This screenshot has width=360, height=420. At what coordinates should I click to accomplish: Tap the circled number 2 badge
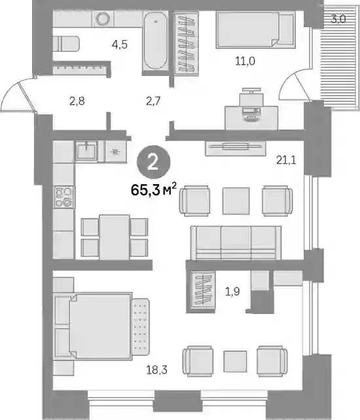(x=153, y=162)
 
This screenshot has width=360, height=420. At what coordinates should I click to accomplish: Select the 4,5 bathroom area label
(x=120, y=45)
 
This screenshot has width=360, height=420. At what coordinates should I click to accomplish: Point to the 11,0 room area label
(x=245, y=62)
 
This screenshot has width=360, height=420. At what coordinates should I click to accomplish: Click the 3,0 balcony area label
(x=338, y=19)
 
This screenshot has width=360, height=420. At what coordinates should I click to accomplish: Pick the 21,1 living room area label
(x=286, y=160)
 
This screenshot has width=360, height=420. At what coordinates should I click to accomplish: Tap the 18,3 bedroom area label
(x=156, y=370)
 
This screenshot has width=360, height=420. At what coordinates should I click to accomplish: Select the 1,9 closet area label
(x=232, y=292)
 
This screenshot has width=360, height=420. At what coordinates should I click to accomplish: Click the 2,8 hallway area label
(x=77, y=102)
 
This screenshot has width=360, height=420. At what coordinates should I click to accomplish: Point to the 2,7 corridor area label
(x=153, y=102)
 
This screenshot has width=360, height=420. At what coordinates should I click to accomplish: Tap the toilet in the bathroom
(x=66, y=44)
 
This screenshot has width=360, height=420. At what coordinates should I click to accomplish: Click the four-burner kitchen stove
(x=64, y=197)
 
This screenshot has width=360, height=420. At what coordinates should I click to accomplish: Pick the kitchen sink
(x=86, y=151)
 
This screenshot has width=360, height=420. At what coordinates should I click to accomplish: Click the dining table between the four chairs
(x=115, y=237)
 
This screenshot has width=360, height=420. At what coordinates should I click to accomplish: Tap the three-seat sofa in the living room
(x=236, y=242)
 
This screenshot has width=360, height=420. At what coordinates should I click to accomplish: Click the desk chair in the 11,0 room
(x=251, y=98)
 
